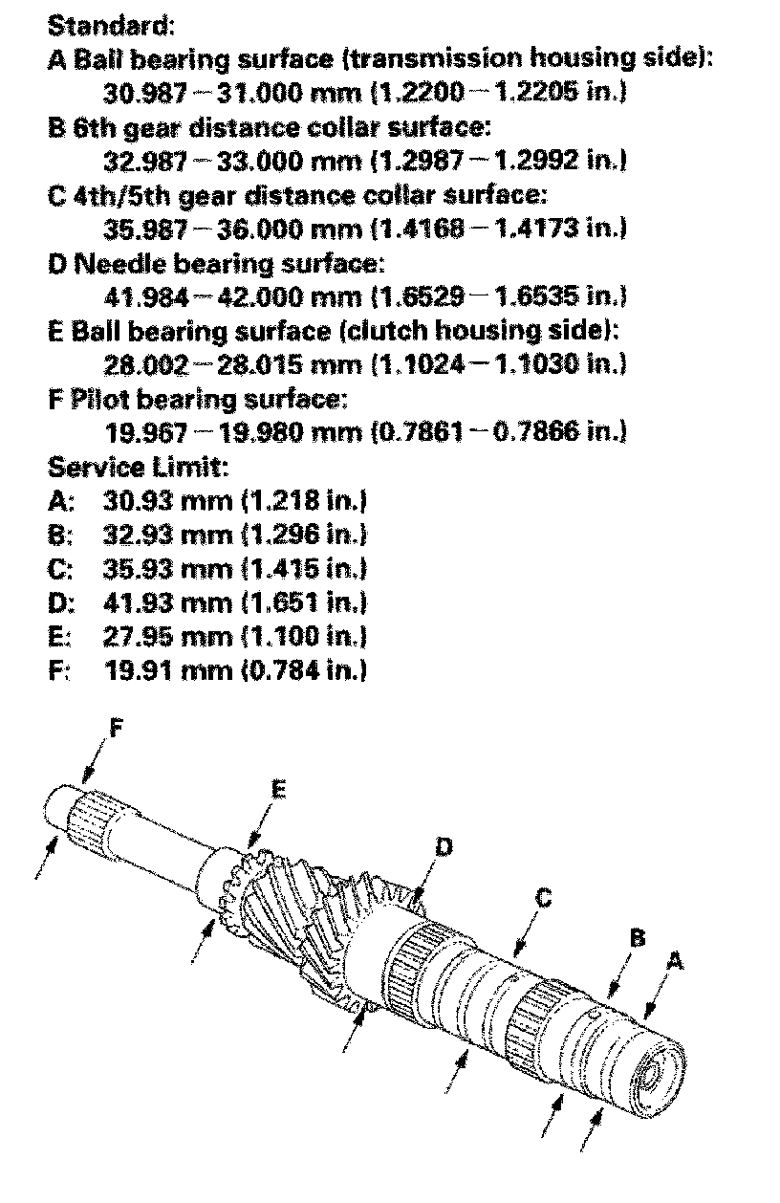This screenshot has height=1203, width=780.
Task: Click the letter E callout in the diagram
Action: (278, 789)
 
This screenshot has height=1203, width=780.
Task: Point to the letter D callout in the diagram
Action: (443, 846)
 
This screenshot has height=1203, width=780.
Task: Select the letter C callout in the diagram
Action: (543, 898)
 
